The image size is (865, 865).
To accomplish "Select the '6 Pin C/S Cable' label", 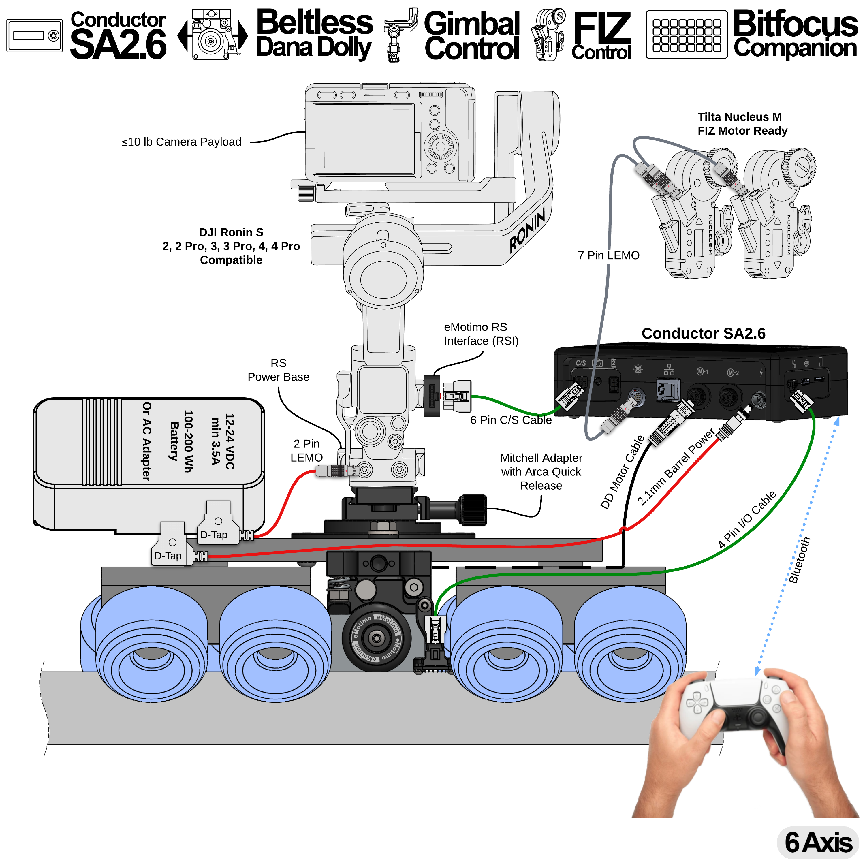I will (x=511, y=420).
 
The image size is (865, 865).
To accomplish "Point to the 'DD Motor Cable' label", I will (x=622, y=472).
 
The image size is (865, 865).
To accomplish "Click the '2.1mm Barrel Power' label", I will (x=676, y=467).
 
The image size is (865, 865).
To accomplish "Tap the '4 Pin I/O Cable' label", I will (x=747, y=519).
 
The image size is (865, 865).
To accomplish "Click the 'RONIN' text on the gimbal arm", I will (x=527, y=229).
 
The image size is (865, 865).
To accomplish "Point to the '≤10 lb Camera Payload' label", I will (x=181, y=142).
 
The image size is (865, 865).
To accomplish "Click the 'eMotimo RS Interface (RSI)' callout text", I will (x=481, y=334).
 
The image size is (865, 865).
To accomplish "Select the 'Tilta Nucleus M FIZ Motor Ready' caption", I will (x=742, y=124).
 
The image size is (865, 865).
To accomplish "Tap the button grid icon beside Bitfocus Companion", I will (x=686, y=35).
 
